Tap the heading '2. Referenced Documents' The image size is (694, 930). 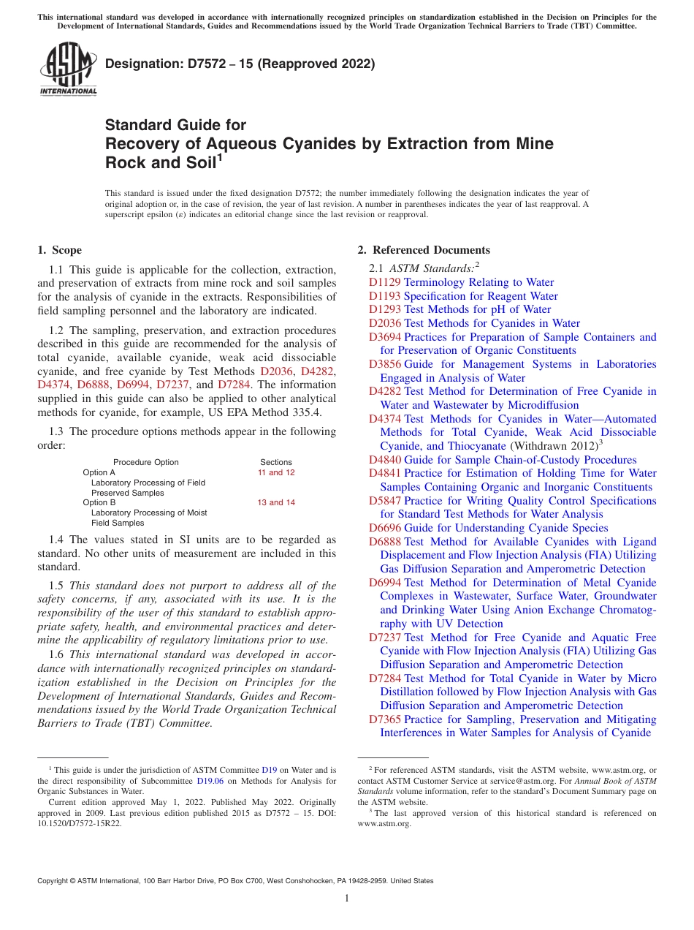click(x=424, y=250)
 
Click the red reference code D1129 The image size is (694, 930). click(x=385, y=282)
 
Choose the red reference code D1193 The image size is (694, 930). click(x=385, y=296)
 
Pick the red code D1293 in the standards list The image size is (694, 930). click(x=385, y=309)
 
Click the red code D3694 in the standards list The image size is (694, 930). click(x=385, y=337)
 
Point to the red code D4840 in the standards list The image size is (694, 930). click(x=385, y=460)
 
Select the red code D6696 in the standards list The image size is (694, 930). click(x=385, y=528)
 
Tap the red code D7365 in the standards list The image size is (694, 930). click(x=385, y=719)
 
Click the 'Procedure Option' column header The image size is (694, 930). click(x=146, y=462)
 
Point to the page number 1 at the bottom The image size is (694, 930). click(x=347, y=898)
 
